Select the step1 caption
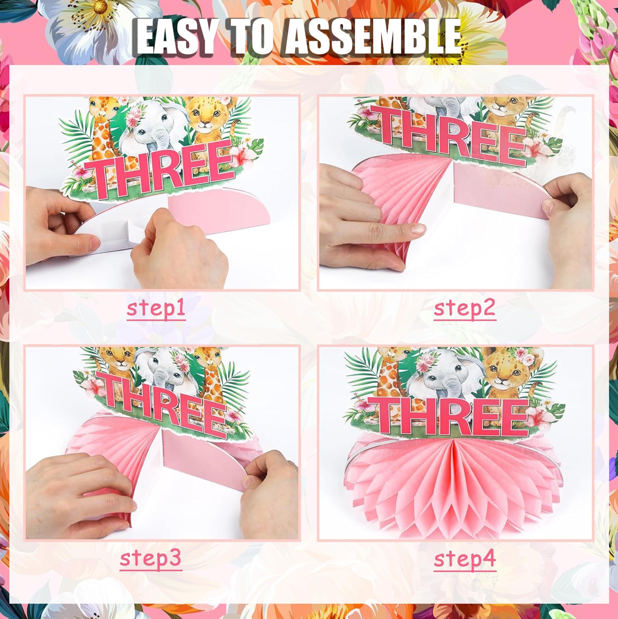(x=156, y=309)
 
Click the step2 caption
(x=465, y=309)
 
